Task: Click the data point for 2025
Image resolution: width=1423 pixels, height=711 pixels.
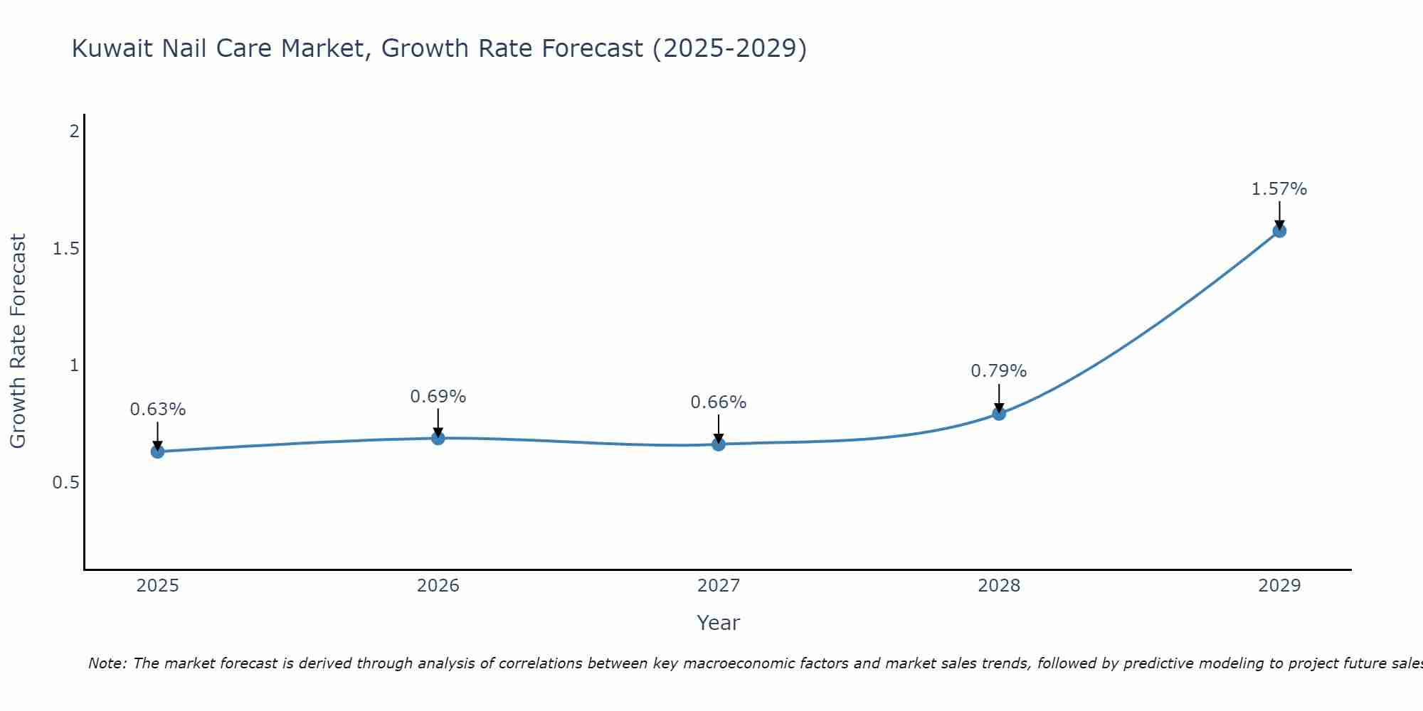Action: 157,451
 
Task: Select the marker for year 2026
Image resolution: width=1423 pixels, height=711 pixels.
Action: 438,438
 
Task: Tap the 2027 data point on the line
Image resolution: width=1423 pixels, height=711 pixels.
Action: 718,444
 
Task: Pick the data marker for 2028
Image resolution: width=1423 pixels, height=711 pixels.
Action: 998,414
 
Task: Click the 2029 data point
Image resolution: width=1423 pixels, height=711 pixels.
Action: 1279,231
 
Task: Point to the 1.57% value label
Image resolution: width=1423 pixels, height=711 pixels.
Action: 1279,189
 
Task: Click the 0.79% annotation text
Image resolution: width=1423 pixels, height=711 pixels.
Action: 998,371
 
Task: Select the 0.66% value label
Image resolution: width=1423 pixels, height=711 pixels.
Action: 718,402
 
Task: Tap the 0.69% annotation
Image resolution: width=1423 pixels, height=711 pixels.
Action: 438,397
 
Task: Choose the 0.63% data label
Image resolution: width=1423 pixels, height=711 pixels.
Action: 157,410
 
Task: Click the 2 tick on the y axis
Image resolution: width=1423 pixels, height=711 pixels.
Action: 73,132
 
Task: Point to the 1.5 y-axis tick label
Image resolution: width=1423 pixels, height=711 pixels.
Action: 65,249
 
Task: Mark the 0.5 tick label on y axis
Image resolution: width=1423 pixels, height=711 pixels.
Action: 65,483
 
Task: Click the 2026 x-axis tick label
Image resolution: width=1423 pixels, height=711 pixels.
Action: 438,586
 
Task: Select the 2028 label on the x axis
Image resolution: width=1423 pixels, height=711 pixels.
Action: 998,586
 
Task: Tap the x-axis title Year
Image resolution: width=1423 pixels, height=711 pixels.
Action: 718,623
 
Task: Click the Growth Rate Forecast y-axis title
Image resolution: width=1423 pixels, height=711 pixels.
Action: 18,341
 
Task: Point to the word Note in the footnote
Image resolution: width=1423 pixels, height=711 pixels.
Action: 107,663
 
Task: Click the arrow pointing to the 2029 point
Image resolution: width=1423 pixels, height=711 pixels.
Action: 1279,215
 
